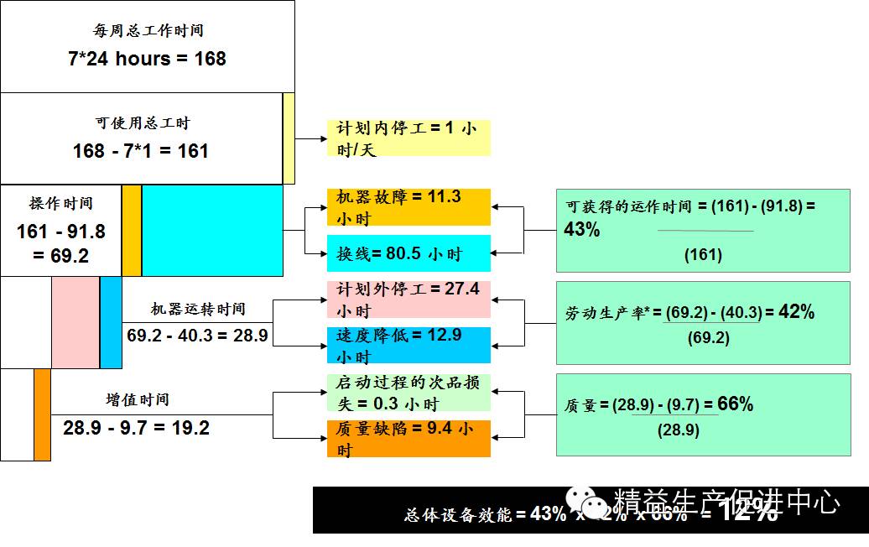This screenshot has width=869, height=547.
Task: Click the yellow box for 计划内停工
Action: coord(408,138)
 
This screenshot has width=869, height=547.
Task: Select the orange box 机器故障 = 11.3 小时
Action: coord(408,207)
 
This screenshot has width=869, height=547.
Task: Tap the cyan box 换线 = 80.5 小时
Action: coord(408,253)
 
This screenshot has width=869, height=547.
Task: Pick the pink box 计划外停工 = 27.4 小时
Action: coord(408,300)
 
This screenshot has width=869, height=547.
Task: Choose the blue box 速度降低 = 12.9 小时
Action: coord(408,345)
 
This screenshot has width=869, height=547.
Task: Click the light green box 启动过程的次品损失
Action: coord(408,393)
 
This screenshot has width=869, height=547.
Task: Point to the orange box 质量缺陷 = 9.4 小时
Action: coord(408,439)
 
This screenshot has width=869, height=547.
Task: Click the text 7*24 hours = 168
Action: coord(147,59)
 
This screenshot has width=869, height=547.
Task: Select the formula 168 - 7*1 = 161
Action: coord(141,151)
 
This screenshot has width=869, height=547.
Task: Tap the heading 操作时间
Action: coord(60,203)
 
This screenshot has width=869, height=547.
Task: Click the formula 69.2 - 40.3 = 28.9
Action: coord(198,335)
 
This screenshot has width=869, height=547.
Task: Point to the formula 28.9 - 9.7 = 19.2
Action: coord(136,428)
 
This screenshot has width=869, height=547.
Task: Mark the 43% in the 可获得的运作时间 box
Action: coord(582,229)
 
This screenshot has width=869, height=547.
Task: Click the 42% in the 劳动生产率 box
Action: coord(796,311)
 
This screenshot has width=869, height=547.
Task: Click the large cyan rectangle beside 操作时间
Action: coord(212,230)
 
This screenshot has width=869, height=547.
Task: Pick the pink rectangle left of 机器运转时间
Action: coord(75,322)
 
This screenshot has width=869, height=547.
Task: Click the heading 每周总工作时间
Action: coord(148,31)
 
